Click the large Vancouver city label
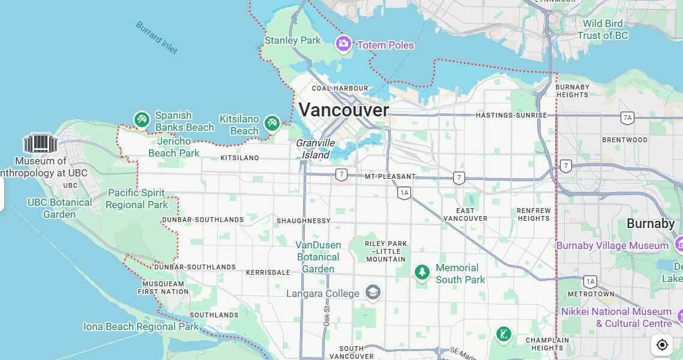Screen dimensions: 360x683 [344, 110]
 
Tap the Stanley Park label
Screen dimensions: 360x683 [293, 41]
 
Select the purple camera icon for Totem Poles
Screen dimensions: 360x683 [343, 43]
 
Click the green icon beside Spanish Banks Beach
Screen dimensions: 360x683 [142, 120]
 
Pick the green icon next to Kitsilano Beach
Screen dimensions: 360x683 [272, 123]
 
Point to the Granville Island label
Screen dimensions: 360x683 [315, 149]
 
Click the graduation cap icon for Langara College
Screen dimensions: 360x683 [373, 293]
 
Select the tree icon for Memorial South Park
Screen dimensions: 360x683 [422, 272]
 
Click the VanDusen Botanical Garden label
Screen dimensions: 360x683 [318, 257]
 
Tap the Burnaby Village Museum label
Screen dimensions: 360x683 [612, 245]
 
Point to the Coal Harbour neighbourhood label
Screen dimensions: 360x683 [340, 88]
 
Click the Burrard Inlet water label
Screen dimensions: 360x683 [156, 37]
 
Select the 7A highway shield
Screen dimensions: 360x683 [628, 118]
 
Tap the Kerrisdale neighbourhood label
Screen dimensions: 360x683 [268, 272]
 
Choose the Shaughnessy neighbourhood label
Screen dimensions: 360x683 [303, 221]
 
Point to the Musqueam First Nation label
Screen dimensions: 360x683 [163, 287]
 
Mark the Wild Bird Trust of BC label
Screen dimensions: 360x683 [603, 29]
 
